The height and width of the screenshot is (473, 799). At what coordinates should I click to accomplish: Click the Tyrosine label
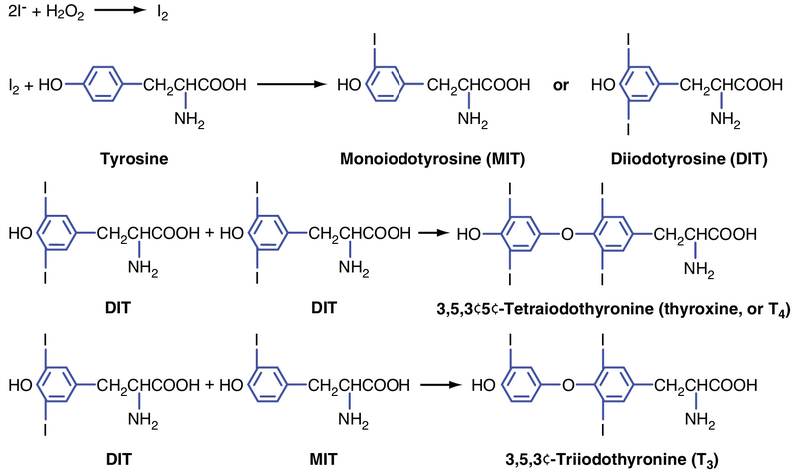pyautogui.click(x=133, y=159)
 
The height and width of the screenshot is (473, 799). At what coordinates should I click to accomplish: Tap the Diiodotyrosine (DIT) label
pyautogui.click(x=681, y=159)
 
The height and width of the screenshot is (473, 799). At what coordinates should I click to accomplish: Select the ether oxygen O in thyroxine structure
pyautogui.click(x=568, y=236)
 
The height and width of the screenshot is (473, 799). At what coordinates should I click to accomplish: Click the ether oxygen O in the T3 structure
pyautogui.click(x=568, y=384)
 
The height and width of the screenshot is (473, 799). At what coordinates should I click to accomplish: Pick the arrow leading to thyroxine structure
pyautogui.click(x=433, y=234)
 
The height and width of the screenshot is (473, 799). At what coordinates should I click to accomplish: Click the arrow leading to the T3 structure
pyautogui.click(x=443, y=383)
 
